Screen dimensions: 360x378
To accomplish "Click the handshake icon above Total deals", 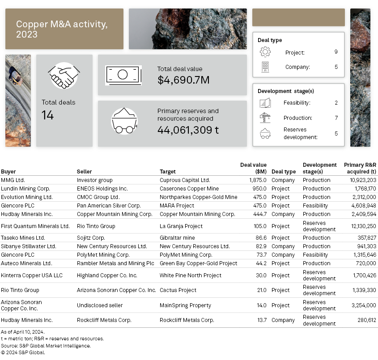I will pyautogui.click(x=64, y=76).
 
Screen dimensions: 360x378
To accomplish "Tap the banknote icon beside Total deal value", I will pyautogui.click(x=123, y=75).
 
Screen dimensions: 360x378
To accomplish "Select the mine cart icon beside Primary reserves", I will pyautogui.click(x=124, y=121).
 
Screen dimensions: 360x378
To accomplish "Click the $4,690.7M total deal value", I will pyautogui.click(x=183, y=80).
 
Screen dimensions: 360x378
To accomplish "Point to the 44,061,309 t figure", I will pyautogui.click(x=188, y=130).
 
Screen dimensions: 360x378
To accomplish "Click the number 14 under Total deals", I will pyautogui.click(x=48, y=115).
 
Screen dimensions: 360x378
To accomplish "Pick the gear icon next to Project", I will pyautogui.click(x=265, y=52).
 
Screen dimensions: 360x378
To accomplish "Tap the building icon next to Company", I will pyautogui.click(x=265, y=67).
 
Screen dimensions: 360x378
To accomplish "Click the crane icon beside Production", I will pyautogui.click(x=265, y=118).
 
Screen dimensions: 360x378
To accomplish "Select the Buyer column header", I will pyautogui.click(x=8, y=172).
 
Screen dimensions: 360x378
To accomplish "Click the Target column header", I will pyautogui.click(x=168, y=172).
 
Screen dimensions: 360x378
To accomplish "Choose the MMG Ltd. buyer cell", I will pyautogui.click(x=13, y=180).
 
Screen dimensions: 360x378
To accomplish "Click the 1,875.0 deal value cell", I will pyautogui.click(x=258, y=180).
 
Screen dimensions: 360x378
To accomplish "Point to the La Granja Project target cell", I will pyautogui.click(x=181, y=226).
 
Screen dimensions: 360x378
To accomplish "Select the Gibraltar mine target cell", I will pyautogui.click(x=177, y=238).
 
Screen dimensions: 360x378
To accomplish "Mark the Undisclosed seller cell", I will pyautogui.click(x=100, y=305).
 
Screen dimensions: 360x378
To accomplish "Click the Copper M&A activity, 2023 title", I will pyautogui.click(x=62, y=29).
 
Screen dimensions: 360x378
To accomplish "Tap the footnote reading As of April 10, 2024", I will pyautogui.click(x=22, y=332).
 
